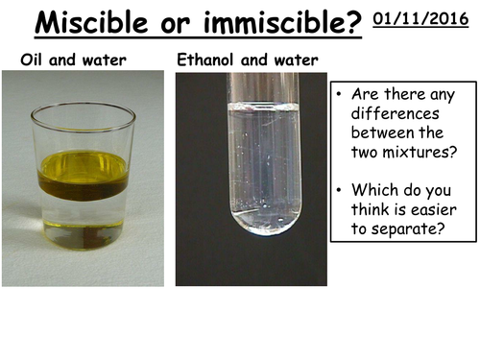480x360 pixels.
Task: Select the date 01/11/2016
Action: [421, 18]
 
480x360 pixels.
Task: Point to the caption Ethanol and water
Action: [248, 60]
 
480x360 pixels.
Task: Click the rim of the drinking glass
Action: [83, 108]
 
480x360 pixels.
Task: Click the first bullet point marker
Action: [340, 96]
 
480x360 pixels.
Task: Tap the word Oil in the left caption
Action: [33, 60]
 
